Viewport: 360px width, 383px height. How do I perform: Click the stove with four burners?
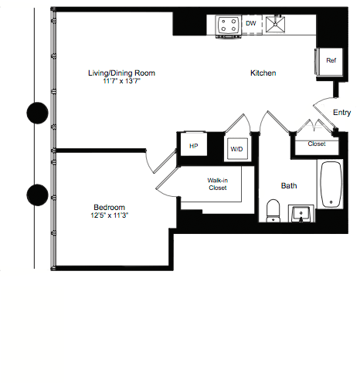coord(228,25)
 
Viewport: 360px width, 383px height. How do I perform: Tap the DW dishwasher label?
coord(250,24)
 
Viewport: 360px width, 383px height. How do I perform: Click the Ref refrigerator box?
coord(330,61)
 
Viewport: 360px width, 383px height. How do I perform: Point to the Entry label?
coord(341,113)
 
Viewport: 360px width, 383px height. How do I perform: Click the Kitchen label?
coord(263,73)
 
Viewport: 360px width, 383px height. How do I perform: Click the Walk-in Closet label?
coord(217,184)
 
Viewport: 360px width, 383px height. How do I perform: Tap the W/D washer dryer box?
coord(235,148)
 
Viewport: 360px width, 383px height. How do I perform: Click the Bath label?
coord(289,185)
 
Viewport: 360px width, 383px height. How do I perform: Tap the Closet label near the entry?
coord(316,144)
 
